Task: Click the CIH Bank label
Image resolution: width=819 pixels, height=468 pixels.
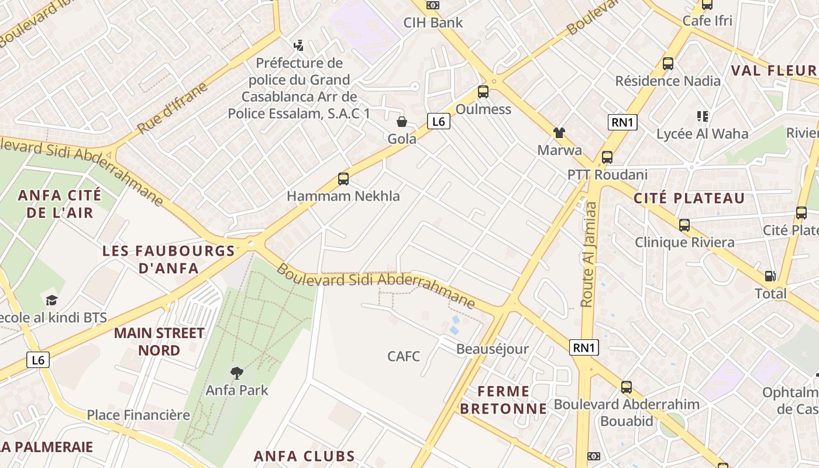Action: pyautogui.click(x=433, y=23)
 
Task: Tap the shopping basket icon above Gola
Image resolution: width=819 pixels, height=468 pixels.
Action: pyautogui.click(x=402, y=122)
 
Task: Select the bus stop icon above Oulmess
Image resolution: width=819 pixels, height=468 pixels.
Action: pyautogui.click(x=483, y=92)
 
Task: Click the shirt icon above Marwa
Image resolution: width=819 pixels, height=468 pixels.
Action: pyautogui.click(x=559, y=133)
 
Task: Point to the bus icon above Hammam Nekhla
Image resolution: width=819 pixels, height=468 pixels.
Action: pyautogui.click(x=343, y=179)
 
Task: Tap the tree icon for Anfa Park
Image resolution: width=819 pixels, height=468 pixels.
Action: pyautogui.click(x=236, y=373)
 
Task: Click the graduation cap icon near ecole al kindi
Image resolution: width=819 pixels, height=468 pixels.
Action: pyautogui.click(x=52, y=301)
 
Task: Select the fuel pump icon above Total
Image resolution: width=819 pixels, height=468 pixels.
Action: pyautogui.click(x=770, y=276)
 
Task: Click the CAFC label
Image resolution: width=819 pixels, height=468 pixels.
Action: pyautogui.click(x=404, y=356)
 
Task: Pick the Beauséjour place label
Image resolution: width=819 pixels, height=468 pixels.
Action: pyautogui.click(x=492, y=349)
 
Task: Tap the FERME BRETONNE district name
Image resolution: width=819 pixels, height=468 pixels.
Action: pyautogui.click(x=503, y=400)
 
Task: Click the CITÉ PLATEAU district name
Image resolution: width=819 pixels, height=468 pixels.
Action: pyautogui.click(x=689, y=198)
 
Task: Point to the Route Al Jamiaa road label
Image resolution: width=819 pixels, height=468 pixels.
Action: pyautogui.click(x=589, y=254)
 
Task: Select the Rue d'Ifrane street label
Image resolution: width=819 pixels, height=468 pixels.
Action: pyautogui.click(x=172, y=108)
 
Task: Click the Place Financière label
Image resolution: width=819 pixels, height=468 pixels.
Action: pyautogui.click(x=138, y=415)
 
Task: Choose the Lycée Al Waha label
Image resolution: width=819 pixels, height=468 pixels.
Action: pyautogui.click(x=702, y=134)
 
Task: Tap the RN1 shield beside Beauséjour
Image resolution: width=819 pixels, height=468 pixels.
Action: pyautogui.click(x=584, y=347)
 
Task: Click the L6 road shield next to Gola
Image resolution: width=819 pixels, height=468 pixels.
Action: pyautogui.click(x=439, y=122)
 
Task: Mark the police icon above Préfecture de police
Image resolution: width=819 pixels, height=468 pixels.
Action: pyautogui.click(x=299, y=45)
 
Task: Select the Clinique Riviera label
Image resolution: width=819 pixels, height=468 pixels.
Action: pyautogui.click(x=684, y=242)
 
